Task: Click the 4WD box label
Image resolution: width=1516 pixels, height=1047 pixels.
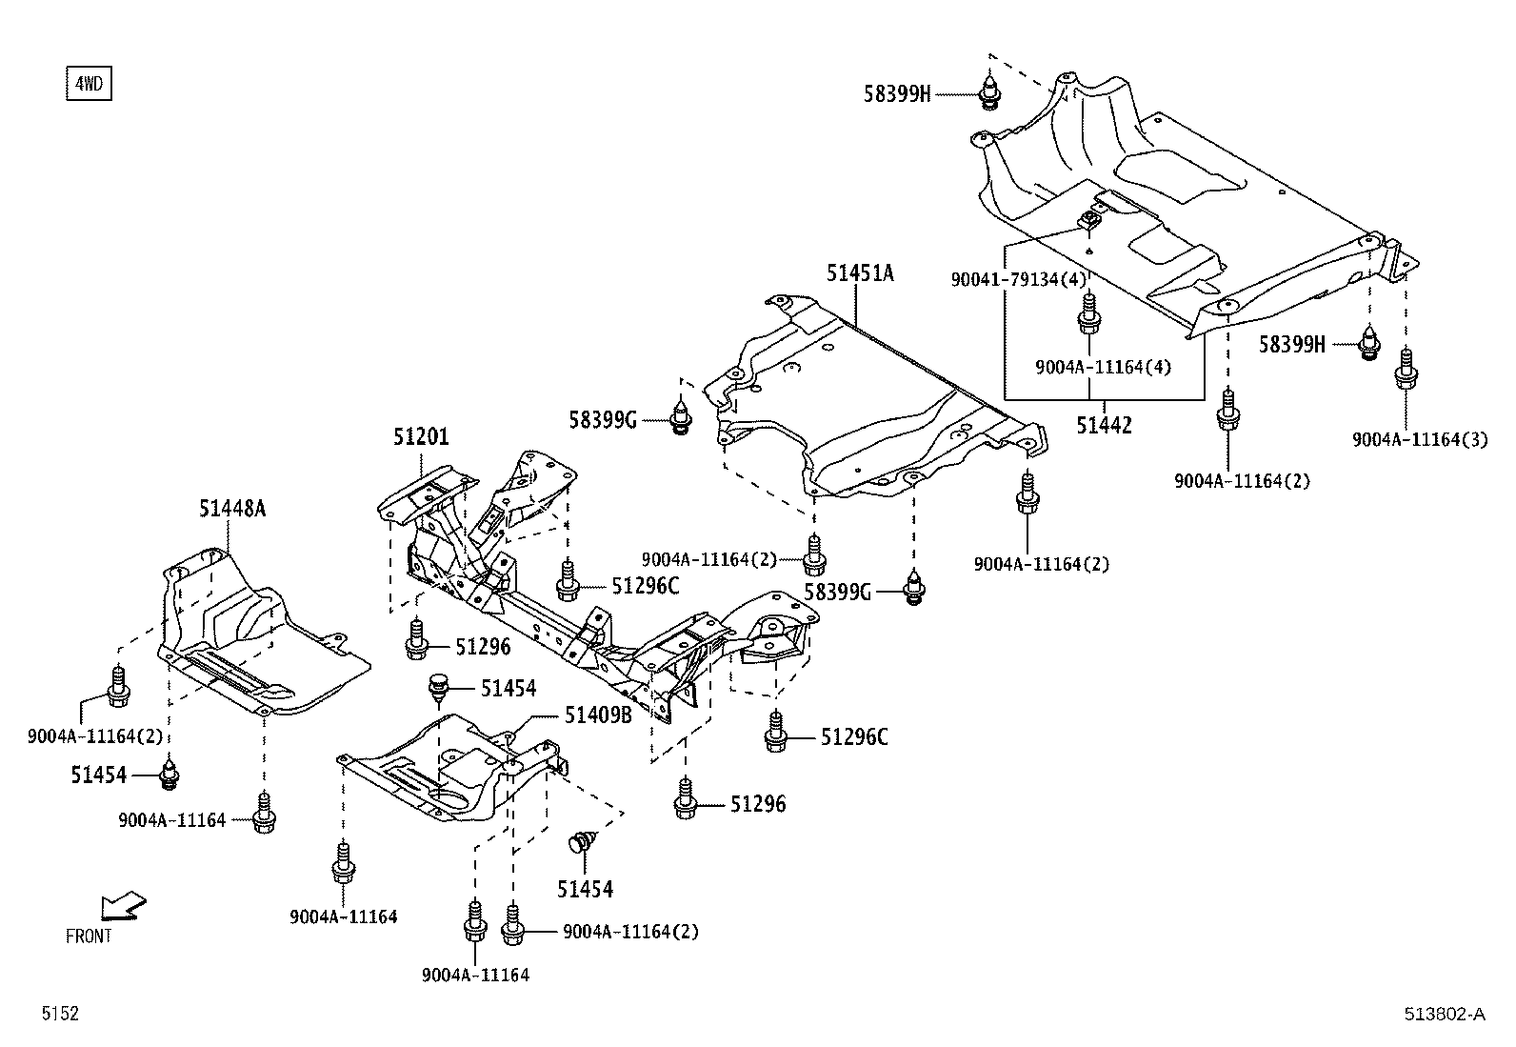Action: (89, 84)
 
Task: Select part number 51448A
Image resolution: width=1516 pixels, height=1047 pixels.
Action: (232, 509)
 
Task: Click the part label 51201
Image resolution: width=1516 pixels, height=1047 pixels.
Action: (421, 437)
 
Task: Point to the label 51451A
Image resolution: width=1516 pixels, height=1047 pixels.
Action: (860, 273)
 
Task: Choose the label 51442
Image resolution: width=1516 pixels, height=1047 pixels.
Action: (1105, 426)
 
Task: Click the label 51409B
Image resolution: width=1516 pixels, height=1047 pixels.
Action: (599, 715)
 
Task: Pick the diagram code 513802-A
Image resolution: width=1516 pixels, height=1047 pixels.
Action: (1443, 1015)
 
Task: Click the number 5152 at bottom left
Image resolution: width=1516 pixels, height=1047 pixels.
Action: (59, 1015)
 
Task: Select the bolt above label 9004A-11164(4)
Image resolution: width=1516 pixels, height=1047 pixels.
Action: (1089, 314)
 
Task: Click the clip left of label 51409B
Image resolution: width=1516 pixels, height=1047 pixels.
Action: (439, 688)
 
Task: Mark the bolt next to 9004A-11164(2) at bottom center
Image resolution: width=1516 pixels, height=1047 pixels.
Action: (513, 922)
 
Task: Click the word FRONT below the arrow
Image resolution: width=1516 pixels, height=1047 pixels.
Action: (89, 936)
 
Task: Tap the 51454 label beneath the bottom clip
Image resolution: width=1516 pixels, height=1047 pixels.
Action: (586, 889)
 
